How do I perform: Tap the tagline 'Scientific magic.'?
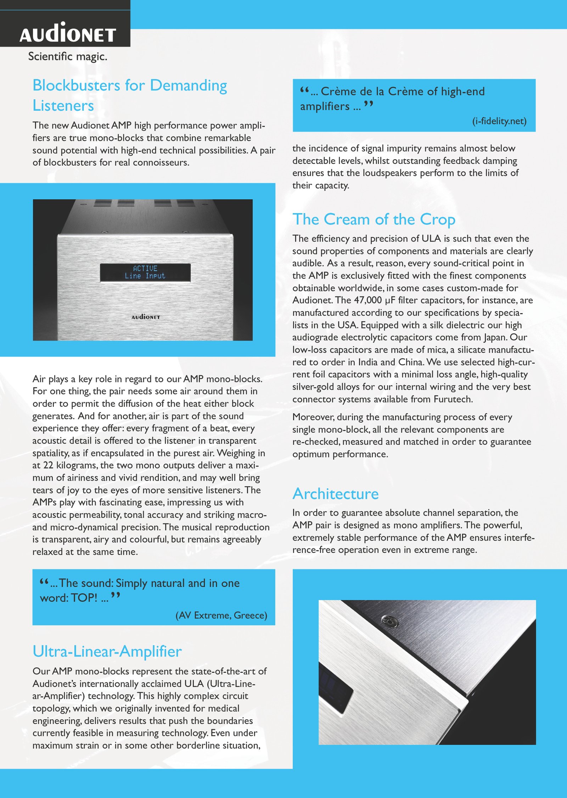coord(68,56)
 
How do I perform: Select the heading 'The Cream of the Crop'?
coord(374,220)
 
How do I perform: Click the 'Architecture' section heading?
coord(336,494)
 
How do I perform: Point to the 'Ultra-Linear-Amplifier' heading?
coord(107,652)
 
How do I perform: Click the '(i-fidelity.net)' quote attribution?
coord(499,121)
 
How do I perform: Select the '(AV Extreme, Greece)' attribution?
coord(221,615)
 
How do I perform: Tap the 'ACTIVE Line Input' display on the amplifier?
coord(145,272)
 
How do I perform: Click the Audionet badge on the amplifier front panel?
coord(146,317)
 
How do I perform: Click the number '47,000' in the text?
coord(368,300)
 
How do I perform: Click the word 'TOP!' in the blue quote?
coord(84,598)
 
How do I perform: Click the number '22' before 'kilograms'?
coord(48,465)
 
